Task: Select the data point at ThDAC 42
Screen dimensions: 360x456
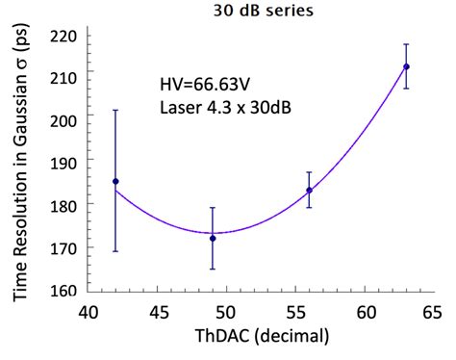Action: [115, 181]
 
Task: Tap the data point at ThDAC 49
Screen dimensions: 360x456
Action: [213, 238]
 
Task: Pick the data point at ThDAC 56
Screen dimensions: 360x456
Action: [309, 190]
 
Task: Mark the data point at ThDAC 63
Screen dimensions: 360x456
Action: [406, 66]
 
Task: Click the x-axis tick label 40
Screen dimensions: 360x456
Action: [89, 312]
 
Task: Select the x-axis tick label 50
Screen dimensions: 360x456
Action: [226, 312]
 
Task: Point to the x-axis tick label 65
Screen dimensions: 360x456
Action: [433, 312]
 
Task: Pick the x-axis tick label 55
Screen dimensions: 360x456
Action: [295, 312]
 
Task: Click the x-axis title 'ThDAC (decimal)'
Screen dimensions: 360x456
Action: [260, 337]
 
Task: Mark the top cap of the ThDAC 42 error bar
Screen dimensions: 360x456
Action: [115, 110]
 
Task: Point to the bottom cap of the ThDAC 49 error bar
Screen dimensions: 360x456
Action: [213, 269]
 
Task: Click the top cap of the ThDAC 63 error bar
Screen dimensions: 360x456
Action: [406, 44]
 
